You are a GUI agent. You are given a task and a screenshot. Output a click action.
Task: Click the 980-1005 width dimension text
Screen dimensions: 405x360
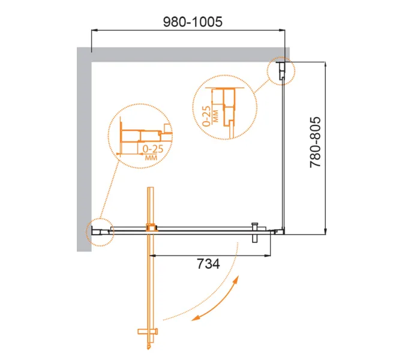tap(193, 22)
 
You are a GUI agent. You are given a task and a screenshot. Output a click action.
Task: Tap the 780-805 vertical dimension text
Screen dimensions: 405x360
tap(316, 142)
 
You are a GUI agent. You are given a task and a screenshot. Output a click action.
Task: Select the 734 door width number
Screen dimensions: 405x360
tap(208, 264)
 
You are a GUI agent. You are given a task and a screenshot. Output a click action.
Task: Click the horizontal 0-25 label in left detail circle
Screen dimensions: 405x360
tap(153, 149)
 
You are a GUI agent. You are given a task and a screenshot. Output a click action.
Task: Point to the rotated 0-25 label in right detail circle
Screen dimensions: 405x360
tap(206, 116)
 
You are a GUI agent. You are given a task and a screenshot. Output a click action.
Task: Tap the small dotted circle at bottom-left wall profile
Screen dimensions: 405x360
tap(100, 232)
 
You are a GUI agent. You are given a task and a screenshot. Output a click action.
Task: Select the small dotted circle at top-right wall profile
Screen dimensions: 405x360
tap(281, 71)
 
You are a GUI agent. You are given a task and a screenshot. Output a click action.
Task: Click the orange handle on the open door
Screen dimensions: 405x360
tap(148, 331)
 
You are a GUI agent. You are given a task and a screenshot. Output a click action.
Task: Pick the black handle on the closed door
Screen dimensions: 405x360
tap(255, 232)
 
